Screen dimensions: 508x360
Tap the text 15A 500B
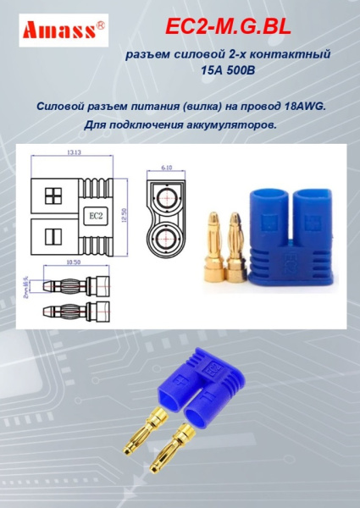click(227, 72)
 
